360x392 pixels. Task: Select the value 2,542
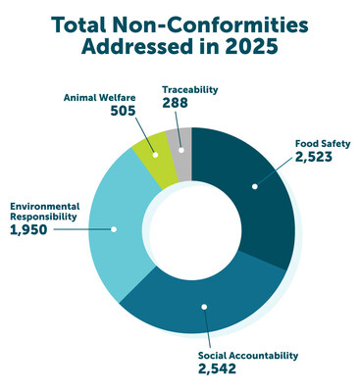pyautogui.click(x=224, y=369)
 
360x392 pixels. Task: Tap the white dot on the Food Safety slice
pyautogui.click(x=254, y=185)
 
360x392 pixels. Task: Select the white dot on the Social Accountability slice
pyautogui.click(x=205, y=307)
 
